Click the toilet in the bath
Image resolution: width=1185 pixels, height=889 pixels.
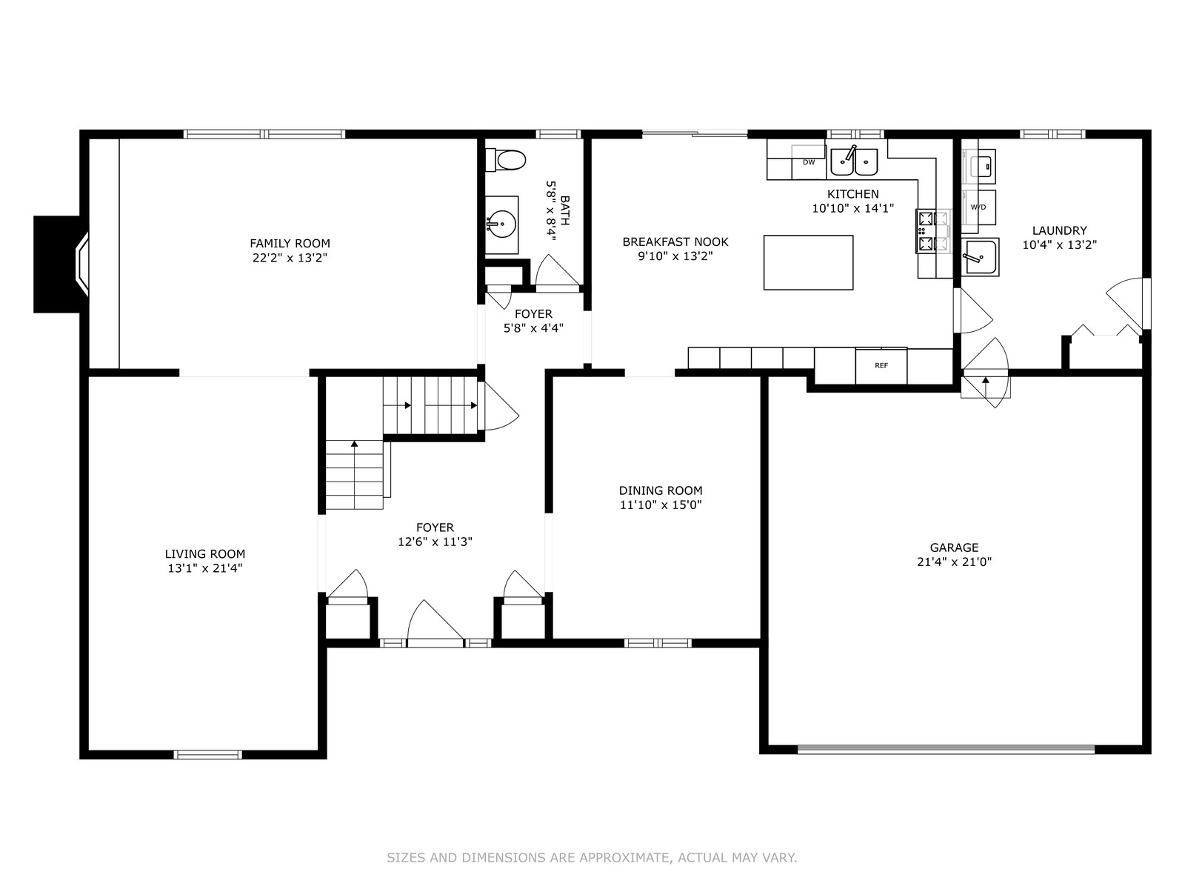tap(505, 160)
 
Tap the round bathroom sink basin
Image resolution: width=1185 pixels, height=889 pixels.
tap(501, 224)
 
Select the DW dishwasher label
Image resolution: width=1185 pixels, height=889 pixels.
tap(809, 162)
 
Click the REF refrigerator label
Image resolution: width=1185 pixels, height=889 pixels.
tap(881, 365)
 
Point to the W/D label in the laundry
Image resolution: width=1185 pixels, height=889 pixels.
tap(978, 207)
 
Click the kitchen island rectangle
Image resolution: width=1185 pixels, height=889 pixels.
tap(808, 262)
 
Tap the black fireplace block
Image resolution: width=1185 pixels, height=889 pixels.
tap(57, 264)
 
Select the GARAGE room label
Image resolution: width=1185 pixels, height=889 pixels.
tap(955, 547)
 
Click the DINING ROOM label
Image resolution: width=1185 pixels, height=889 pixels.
tap(661, 490)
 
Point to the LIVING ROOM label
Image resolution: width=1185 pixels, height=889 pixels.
tap(205, 554)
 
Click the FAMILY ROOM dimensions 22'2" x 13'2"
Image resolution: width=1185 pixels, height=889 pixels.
tap(290, 258)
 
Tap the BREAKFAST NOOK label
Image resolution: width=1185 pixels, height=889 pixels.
tap(675, 242)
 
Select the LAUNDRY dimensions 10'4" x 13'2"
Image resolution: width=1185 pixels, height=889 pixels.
tap(1060, 245)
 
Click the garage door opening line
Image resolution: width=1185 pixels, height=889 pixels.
tap(946, 749)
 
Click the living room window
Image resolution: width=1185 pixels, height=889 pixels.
tap(208, 755)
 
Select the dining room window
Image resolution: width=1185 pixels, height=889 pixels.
tap(658, 643)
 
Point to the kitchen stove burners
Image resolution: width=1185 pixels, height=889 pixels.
tap(926, 231)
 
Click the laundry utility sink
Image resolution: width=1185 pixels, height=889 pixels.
tap(980, 257)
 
